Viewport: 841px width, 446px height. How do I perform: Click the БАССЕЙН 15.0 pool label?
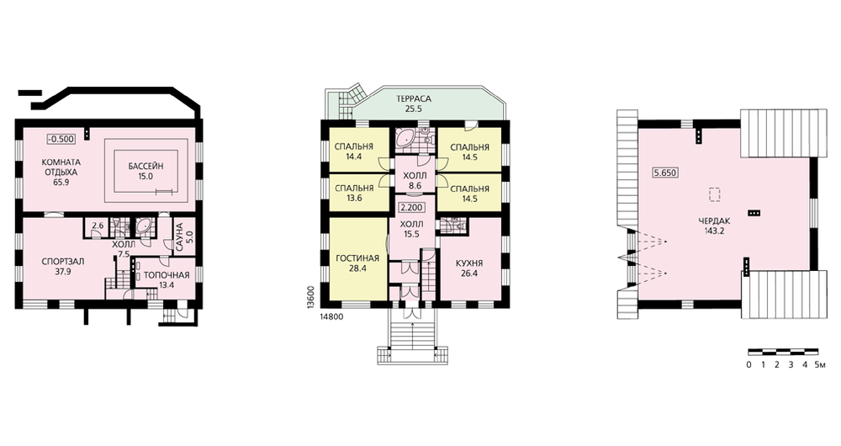coord(145,171)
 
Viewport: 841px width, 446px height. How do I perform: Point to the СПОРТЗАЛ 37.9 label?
coord(63,266)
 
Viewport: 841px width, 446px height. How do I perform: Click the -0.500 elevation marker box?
coord(61,139)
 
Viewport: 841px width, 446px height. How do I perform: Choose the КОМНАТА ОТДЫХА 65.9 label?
coord(61,173)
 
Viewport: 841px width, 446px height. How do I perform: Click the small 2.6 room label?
coord(98,226)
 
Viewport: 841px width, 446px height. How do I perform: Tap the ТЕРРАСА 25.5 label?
coord(414,104)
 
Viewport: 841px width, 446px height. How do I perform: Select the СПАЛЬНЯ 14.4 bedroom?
coord(354,151)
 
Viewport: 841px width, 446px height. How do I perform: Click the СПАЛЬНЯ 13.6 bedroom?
coord(354,194)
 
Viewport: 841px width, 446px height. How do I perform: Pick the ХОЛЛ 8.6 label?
coord(415,181)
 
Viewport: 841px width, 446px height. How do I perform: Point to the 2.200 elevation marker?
coord(412,208)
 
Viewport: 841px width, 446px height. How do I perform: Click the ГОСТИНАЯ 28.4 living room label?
coord(357,263)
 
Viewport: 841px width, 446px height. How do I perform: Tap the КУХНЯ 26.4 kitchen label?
coord(470,268)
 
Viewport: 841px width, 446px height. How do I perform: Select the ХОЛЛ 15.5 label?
coord(413,229)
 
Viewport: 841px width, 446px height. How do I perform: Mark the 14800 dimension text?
coord(331,316)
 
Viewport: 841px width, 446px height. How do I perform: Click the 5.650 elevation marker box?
coord(665,173)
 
